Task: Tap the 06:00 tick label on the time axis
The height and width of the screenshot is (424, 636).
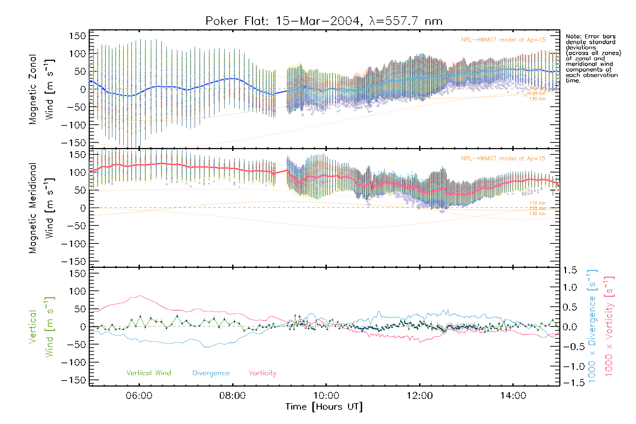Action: (139, 396)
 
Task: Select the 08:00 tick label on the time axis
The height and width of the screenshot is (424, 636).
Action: (232, 396)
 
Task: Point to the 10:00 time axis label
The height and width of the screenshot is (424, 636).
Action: (326, 396)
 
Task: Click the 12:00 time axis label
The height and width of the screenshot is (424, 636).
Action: (420, 396)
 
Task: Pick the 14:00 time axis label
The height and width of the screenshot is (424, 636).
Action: (513, 396)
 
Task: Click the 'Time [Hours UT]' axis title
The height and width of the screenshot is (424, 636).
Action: (324, 407)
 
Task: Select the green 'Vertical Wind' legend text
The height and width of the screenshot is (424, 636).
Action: (148, 373)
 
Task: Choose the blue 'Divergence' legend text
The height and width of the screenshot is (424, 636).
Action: (211, 373)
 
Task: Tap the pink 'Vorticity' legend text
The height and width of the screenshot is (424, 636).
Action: (262, 373)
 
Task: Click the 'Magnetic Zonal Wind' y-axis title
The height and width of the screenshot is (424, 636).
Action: (42, 89)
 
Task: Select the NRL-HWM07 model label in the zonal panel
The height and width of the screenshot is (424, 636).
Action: (503, 40)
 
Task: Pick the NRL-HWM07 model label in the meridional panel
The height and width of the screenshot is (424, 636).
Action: (503, 159)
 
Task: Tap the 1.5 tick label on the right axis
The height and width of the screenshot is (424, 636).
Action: (570, 270)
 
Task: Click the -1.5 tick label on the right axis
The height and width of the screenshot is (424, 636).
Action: (570, 383)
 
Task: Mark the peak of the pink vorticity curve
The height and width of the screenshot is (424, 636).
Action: (140, 296)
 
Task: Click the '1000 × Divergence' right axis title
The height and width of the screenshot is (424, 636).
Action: (592, 327)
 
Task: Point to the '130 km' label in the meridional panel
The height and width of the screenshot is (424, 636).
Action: (537, 214)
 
